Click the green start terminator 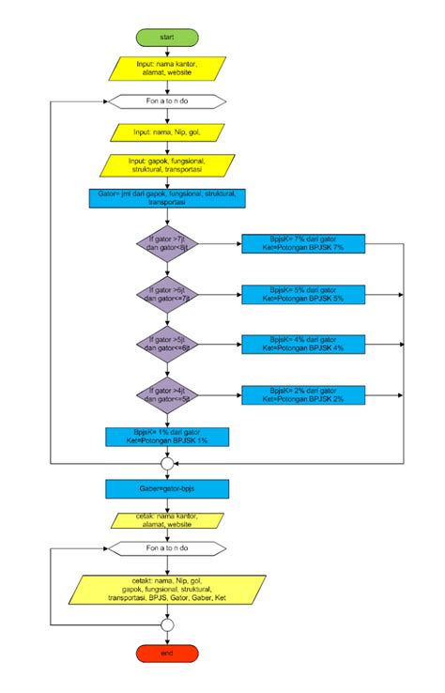167,37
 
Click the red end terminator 167,653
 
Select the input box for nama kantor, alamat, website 167,69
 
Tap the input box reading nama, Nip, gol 167,133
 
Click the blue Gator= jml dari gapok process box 167,198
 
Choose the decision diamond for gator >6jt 167,294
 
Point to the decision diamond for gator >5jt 167,343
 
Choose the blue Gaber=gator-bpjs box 167,488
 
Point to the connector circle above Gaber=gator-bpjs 167,463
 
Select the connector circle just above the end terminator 167,624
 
